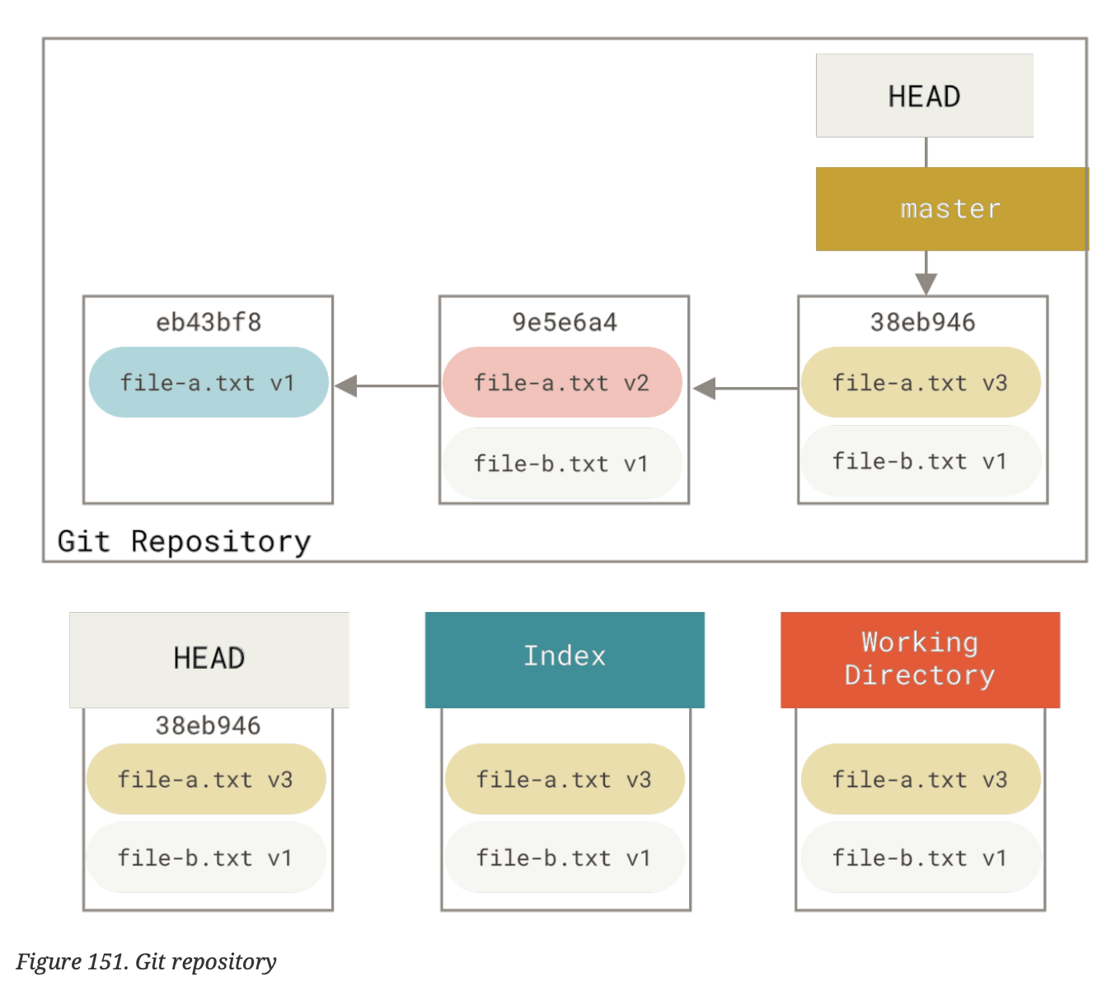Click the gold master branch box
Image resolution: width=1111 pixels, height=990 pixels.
951,209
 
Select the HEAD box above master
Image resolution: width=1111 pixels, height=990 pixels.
924,96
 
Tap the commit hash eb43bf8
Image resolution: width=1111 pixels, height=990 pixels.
209,322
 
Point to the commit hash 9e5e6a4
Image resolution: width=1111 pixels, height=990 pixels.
565,322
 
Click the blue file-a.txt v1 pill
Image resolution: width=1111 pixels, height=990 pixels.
209,383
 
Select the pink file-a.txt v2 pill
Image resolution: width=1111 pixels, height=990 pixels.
562,383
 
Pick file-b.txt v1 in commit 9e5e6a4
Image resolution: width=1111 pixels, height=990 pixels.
562,464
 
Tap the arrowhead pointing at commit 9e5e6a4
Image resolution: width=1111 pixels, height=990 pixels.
705,388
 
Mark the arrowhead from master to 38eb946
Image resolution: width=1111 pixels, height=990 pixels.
926,283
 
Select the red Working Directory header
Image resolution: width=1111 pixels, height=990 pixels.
920,659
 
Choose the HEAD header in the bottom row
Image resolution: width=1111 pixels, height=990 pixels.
209,659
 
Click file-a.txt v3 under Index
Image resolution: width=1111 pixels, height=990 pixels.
565,779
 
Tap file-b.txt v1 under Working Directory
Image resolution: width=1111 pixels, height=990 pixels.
920,858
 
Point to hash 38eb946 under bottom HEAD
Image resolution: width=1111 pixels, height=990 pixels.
208,726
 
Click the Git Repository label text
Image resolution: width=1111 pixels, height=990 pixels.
184,541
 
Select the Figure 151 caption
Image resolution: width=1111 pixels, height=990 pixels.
146,962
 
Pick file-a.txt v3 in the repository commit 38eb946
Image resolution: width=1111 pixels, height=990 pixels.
920,383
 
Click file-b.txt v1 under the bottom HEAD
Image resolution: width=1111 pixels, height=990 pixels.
206,858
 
